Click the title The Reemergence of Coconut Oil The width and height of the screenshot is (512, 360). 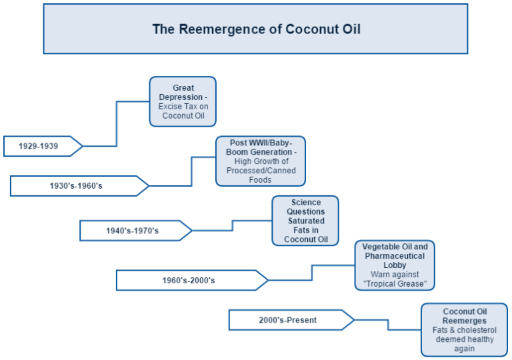pos(256,29)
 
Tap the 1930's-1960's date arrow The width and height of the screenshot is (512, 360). pos(76,186)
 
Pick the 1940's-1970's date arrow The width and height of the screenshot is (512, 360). pos(132,231)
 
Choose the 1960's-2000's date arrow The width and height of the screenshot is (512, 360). pos(188,280)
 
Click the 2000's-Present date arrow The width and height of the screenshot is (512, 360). pos(287,320)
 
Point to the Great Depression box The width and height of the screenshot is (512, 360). pos(183,101)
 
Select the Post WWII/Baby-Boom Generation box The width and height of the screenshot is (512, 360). pos(260,161)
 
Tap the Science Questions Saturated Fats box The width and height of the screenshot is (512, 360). pos(305,221)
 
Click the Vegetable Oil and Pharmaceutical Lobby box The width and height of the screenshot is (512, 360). pos(395,265)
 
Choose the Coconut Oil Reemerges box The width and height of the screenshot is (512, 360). pos(464,329)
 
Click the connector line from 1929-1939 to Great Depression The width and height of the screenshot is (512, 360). pos(117,123)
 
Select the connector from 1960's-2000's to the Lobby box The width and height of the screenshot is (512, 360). pos(312,272)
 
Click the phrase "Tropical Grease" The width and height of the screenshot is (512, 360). pos(395,284)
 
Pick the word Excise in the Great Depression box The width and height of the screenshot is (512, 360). pos(170,107)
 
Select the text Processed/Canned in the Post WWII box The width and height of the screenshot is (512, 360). pos(260,171)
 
